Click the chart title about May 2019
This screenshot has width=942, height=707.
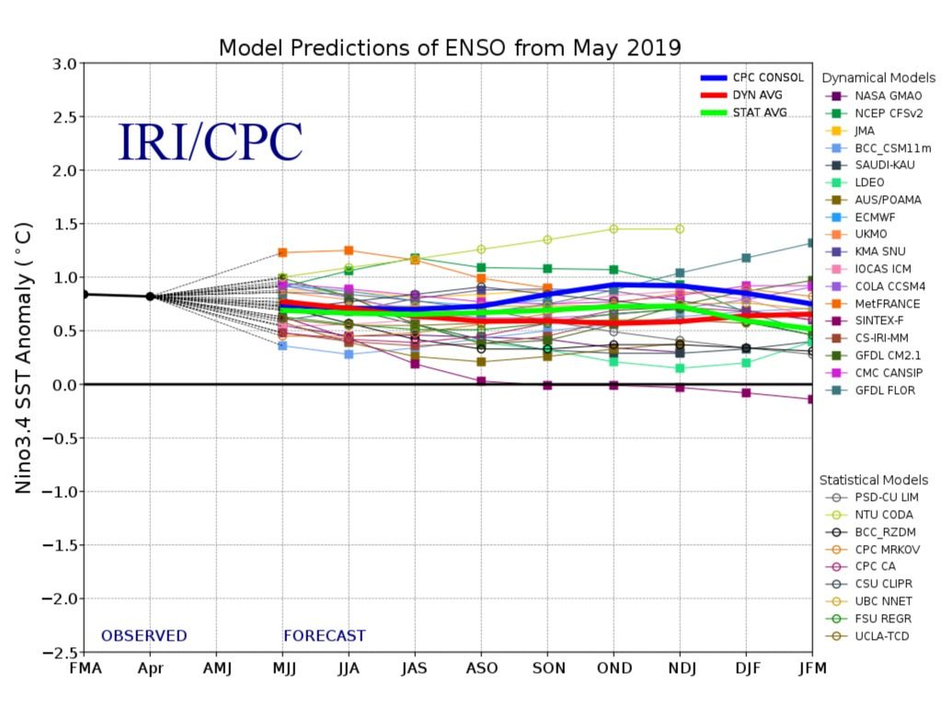[x=449, y=48]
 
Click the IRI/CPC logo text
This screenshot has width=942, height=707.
[x=211, y=142]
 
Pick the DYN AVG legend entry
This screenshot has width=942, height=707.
[x=754, y=96]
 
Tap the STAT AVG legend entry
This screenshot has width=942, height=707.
[x=759, y=113]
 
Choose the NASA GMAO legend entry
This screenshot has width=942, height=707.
[x=887, y=96]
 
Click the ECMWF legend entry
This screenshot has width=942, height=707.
[x=874, y=217]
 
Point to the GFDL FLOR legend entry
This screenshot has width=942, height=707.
[x=884, y=390]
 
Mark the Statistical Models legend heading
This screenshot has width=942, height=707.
[x=874, y=480]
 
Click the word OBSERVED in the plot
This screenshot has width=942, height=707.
[x=144, y=636]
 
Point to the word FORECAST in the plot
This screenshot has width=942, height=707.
[x=324, y=636]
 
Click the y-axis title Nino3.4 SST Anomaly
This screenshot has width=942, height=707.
[x=26, y=357]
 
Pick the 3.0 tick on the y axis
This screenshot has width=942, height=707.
[x=63, y=64]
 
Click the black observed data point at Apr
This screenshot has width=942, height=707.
[x=150, y=296]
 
